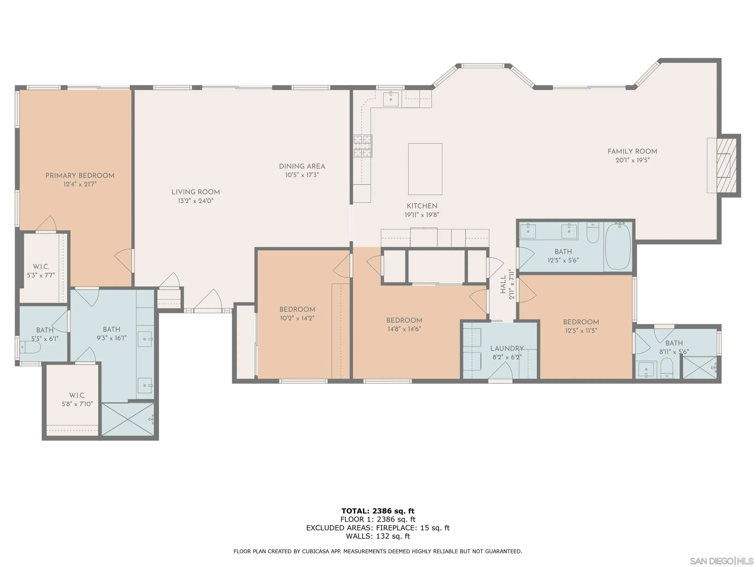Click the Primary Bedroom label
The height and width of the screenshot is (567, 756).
click(x=80, y=176)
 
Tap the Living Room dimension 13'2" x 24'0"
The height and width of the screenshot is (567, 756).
click(x=195, y=201)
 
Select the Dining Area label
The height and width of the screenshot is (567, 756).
click(x=302, y=166)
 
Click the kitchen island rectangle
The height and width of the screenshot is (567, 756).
click(x=425, y=169)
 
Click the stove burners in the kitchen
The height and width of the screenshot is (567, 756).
click(x=363, y=146)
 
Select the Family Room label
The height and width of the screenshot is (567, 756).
click(x=632, y=151)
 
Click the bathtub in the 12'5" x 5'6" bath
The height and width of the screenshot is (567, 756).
click(x=618, y=246)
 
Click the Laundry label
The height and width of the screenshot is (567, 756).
click(x=507, y=349)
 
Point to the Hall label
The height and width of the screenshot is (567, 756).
click(x=503, y=285)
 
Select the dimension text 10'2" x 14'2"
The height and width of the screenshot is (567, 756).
click(x=297, y=318)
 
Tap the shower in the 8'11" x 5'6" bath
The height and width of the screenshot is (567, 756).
click(x=700, y=368)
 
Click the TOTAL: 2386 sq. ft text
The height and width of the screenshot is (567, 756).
click(x=378, y=511)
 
